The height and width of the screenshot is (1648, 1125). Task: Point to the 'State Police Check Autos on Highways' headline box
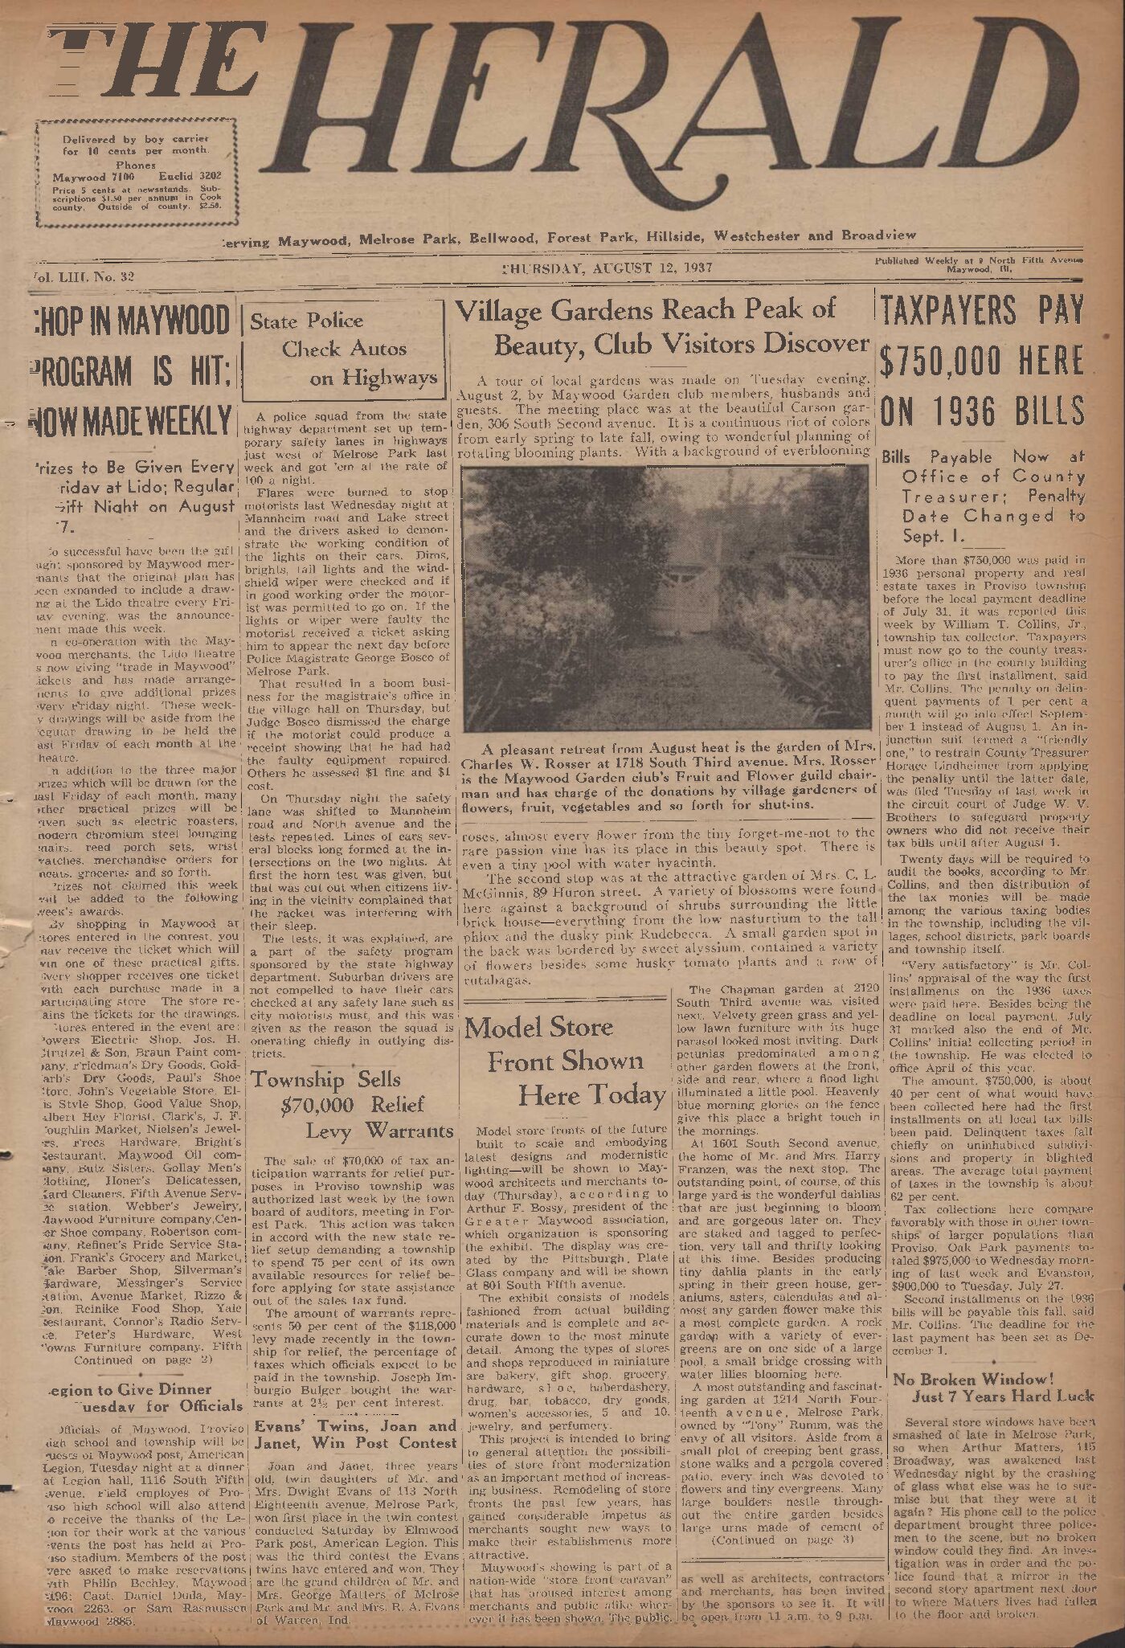click(343, 350)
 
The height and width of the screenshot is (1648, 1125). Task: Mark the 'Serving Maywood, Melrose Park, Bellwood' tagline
click(567, 238)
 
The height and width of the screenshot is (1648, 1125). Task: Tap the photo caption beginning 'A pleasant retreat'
click(665, 777)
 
